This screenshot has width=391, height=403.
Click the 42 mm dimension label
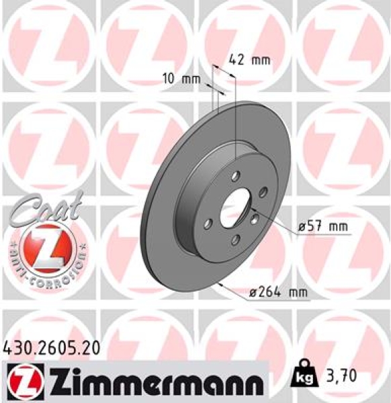[x=249, y=59]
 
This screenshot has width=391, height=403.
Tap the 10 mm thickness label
[x=181, y=79]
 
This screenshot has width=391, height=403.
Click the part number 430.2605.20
[x=52, y=347]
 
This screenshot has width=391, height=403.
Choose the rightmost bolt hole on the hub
[x=264, y=191]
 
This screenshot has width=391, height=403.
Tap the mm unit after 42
[x=260, y=59]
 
